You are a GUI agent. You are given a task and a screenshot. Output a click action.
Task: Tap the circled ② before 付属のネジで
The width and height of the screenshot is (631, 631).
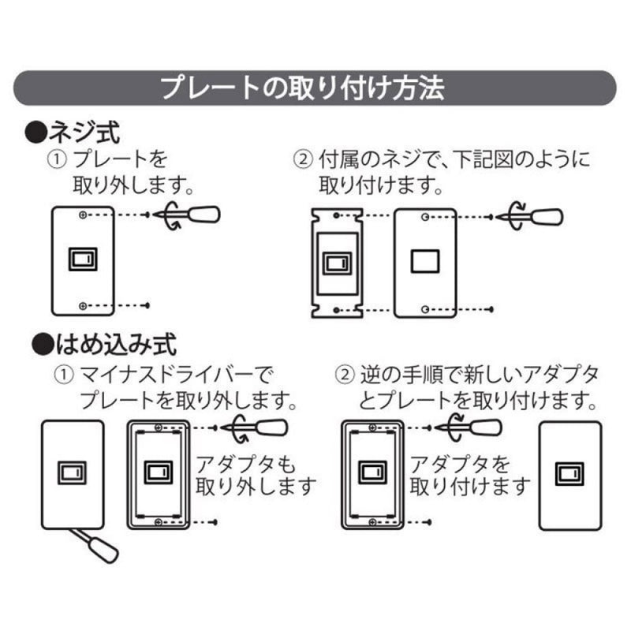pos(303,160)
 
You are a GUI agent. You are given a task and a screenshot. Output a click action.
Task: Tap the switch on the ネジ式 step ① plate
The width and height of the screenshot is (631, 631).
pos(82,259)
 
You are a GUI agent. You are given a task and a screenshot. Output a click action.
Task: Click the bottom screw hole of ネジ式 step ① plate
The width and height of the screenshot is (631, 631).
pos(83,304)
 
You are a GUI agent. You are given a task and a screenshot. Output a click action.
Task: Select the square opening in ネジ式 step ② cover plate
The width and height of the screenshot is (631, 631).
pos(425,259)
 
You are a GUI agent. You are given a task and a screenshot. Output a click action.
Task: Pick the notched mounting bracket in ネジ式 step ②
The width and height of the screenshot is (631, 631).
pos(336,263)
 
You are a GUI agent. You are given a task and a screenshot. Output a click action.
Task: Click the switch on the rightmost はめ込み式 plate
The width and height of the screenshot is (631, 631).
pos(569,472)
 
